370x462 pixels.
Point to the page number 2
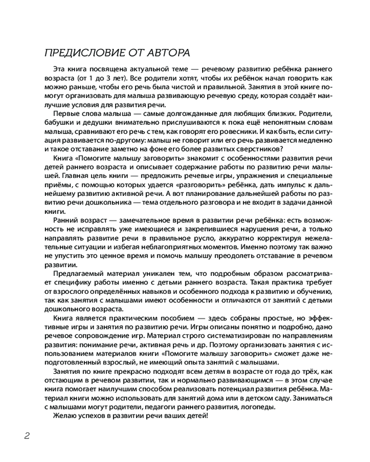[27, 436]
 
